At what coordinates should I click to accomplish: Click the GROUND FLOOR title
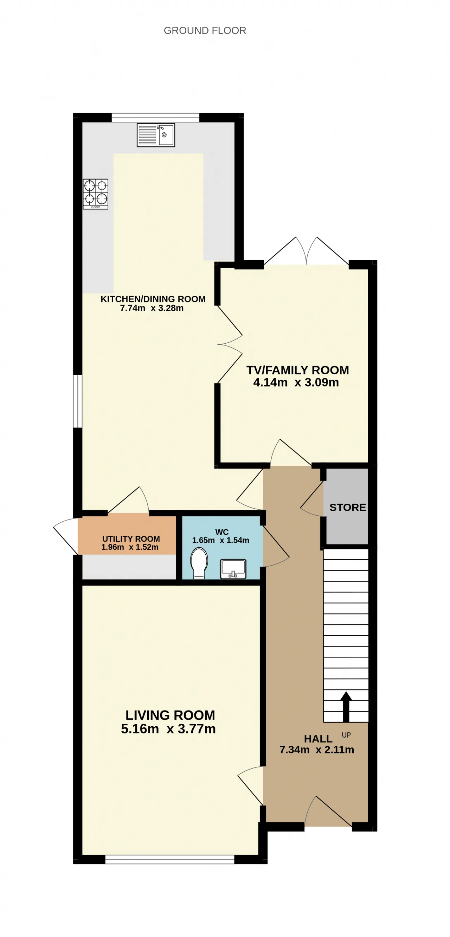(x=205, y=31)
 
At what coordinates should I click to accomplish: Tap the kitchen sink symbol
(x=156, y=135)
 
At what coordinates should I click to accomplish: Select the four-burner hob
(x=95, y=194)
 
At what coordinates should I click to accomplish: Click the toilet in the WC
(x=199, y=563)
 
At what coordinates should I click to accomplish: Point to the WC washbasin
(x=233, y=569)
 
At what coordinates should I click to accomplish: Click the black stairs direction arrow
(x=346, y=707)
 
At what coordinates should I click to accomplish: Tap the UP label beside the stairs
(x=346, y=735)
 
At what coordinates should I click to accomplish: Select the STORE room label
(x=347, y=508)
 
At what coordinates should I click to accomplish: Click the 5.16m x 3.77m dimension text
(x=168, y=729)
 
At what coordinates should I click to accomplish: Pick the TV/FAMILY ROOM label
(x=298, y=370)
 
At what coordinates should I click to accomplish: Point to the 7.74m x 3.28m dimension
(x=152, y=308)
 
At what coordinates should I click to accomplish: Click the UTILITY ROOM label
(x=131, y=539)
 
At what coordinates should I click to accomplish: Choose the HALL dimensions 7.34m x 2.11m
(x=317, y=750)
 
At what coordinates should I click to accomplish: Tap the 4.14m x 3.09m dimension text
(x=296, y=382)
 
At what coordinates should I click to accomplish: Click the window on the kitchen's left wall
(x=77, y=401)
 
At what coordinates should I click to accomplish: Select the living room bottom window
(x=170, y=860)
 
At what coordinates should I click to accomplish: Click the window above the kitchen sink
(x=156, y=117)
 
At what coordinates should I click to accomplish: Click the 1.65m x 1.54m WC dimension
(x=221, y=540)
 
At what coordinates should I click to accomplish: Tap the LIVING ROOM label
(x=170, y=715)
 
